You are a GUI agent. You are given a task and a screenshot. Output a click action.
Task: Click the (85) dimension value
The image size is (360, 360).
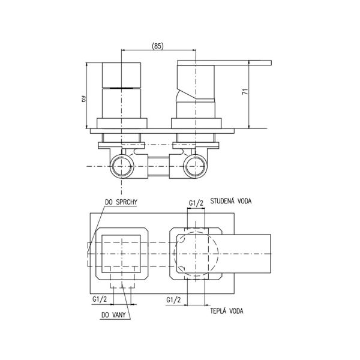click(157, 46)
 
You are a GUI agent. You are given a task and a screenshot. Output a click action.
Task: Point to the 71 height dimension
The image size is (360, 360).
click(245, 91)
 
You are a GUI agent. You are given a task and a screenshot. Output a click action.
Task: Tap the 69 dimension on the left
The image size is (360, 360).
click(83, 99)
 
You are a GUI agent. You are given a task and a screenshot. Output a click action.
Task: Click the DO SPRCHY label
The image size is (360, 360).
click(121, 202)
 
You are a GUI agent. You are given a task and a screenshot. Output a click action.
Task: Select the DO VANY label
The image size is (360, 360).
click(113, 315)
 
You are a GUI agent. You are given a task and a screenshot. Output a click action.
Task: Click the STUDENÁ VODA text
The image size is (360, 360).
click(231, 201)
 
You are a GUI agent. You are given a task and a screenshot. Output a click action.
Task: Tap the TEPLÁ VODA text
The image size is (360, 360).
click(227, 311)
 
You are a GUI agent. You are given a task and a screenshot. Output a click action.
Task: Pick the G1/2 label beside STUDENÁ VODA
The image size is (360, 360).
click(196, 203)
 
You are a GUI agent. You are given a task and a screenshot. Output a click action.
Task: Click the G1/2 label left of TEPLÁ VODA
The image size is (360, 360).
click(173, 300)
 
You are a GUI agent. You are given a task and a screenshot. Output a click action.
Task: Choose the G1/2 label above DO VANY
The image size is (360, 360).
click(100, 299)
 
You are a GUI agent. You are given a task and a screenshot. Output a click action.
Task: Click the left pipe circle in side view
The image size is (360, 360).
click(122, 166)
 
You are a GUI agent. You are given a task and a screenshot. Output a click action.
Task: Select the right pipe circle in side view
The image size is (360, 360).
click(196, 166)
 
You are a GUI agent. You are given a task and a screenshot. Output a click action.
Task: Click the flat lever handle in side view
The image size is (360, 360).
click(224, 62)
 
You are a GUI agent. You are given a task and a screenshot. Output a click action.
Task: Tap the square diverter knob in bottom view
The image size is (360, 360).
click(121, 254)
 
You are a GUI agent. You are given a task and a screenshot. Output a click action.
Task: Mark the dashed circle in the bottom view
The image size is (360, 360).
click(196, 254)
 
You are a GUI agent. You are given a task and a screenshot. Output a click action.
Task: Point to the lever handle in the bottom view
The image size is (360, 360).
click(224, 254)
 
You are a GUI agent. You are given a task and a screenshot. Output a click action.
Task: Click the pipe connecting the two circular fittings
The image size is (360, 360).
click(158, 166)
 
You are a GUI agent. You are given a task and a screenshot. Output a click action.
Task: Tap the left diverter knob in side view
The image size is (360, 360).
click(121, 91)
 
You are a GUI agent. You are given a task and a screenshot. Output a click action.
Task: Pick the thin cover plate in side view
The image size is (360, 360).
click(163, 131)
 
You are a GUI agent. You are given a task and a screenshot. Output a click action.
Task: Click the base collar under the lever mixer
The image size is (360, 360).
click(196, 123)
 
